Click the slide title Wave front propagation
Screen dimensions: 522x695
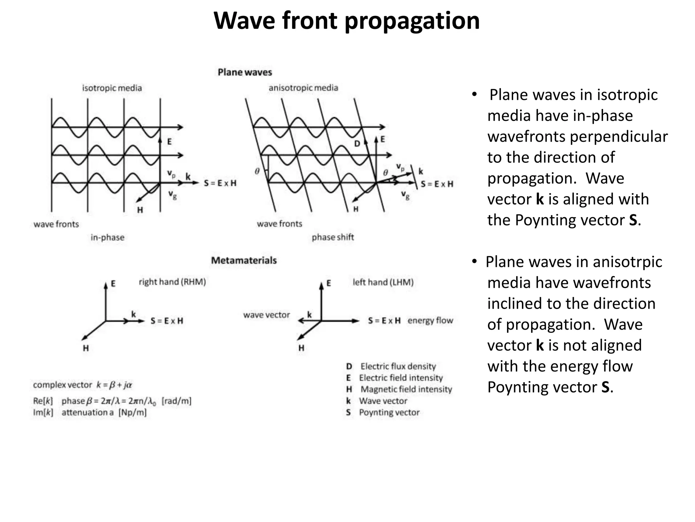point(346,21)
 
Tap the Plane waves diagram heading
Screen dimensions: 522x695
point(245,72)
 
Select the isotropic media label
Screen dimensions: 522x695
point(112,88)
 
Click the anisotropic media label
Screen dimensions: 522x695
point(303,88)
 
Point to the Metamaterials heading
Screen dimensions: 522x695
point(244,260)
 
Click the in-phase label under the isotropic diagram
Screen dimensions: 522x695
point(107,237)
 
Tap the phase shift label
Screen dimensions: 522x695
point(333,237)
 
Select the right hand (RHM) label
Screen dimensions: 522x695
point(172,282)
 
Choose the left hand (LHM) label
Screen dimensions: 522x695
point(383,282)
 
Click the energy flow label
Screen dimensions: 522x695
point(430,320)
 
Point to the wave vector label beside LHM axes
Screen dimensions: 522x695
point(266,315)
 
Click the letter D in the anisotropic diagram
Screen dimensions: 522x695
point(357,144)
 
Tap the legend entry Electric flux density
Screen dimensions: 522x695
point(398,366)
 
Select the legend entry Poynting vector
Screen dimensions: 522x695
point(389,412)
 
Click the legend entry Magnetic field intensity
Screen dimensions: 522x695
point(406,389)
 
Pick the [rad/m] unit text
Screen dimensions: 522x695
point(176,401)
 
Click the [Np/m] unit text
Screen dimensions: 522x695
point(132,413)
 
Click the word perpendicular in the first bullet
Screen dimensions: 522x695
point(618,137)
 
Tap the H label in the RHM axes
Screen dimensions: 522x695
point(86,348)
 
